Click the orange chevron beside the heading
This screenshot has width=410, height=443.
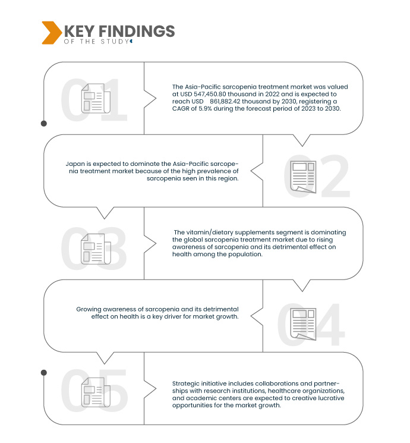point(52,33)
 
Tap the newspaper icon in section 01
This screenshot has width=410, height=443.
point(96,98)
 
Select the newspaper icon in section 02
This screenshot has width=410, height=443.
point(303,177)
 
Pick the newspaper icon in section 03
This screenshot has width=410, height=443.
point(96,249)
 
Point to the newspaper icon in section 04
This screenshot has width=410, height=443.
point(303,324)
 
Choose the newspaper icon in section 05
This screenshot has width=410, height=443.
point(96,392)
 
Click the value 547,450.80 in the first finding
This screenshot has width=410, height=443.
point(210,94)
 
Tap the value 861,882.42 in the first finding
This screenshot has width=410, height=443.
point(225,102)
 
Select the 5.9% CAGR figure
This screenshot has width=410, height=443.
point(205,109)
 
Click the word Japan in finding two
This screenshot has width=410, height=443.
point(75,164)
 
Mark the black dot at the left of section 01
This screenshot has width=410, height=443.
point(44,124)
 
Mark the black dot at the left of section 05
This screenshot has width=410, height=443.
point(44,373)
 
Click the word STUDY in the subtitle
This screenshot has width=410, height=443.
point(115,42)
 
